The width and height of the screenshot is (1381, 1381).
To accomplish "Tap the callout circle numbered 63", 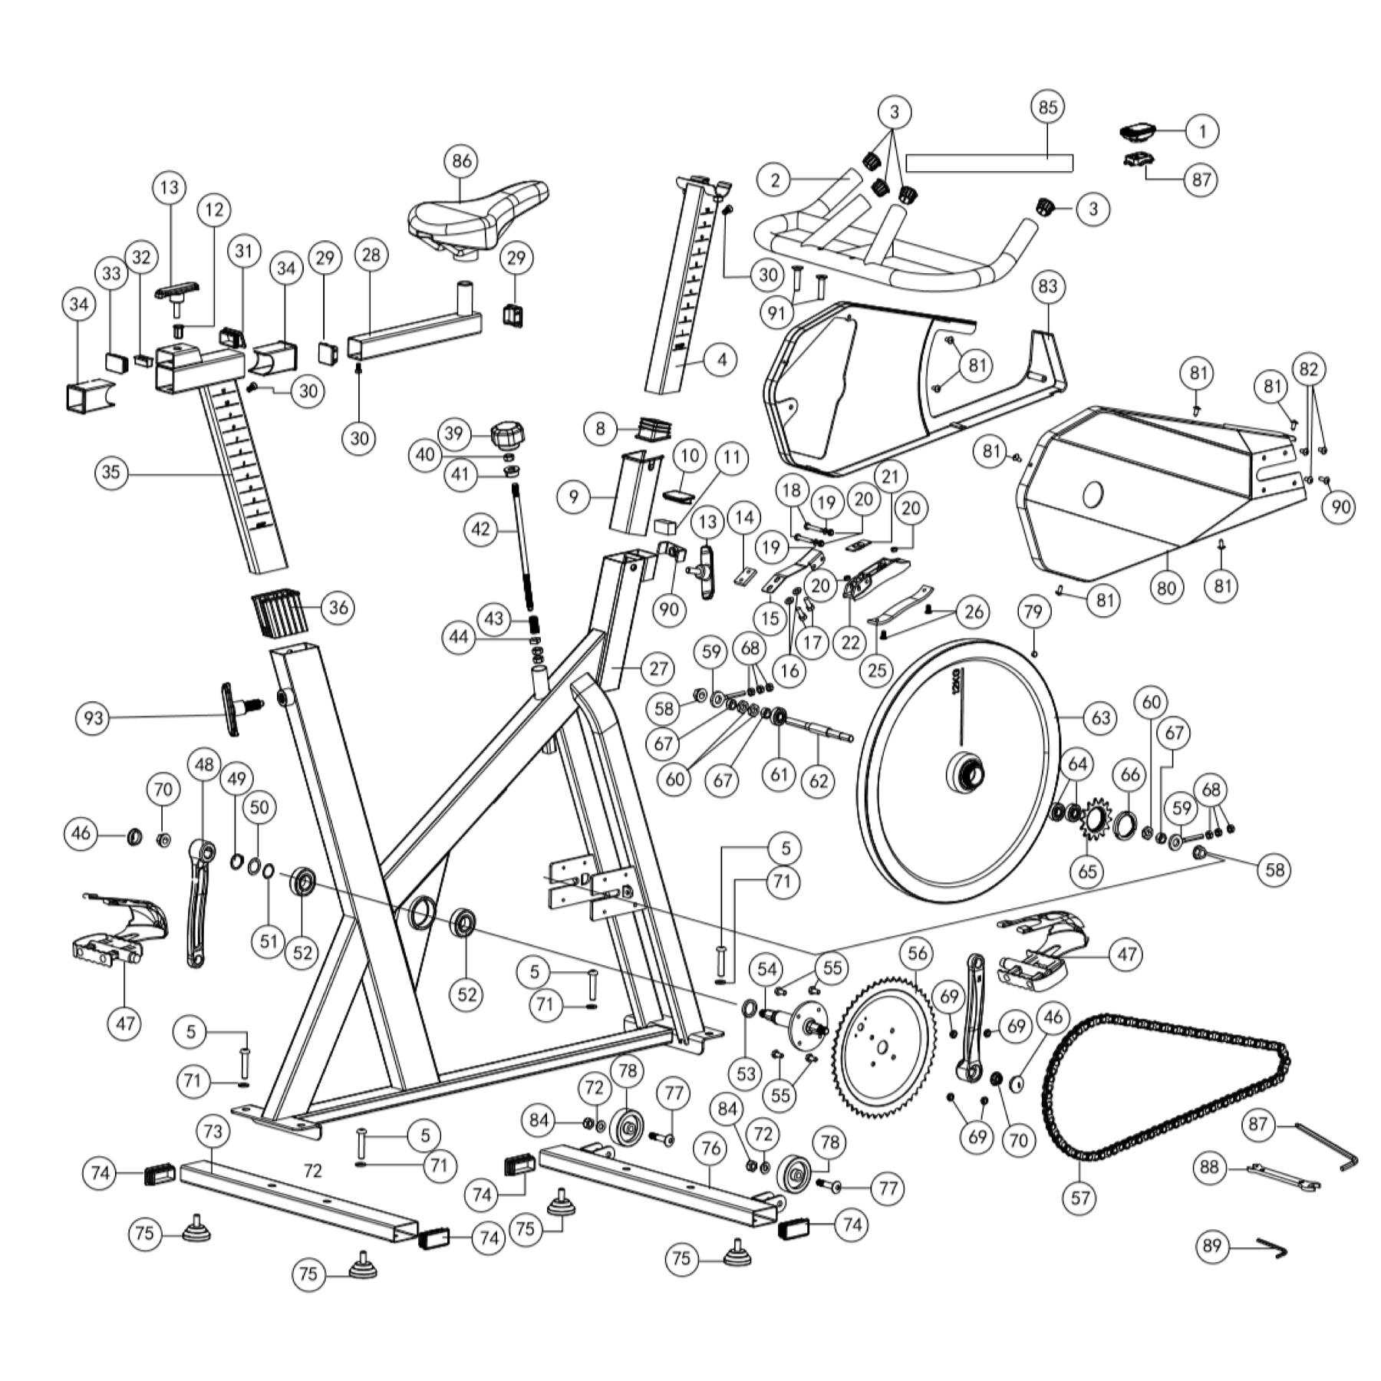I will point(1100,718).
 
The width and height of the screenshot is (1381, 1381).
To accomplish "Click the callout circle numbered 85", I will point(1048,107).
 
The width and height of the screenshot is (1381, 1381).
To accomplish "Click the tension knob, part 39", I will point(507,435).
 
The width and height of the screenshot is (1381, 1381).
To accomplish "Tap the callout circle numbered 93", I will point(94,719).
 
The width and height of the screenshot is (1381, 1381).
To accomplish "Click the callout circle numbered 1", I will point(1202,131).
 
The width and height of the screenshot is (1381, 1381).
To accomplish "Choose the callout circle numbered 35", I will point(111,472).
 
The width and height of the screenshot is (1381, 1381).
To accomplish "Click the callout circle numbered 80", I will point(1166,588).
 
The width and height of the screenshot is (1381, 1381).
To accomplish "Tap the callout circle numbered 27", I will point(658,668).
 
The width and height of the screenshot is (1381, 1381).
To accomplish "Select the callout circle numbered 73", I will point(213,1131).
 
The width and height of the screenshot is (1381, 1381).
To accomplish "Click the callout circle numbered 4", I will point(721,359).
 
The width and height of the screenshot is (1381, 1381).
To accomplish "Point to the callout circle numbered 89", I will point(1212,1246).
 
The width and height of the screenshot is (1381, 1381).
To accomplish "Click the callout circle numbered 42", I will point(481,529).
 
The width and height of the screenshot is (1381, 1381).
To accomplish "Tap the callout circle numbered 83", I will point(1048,287).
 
